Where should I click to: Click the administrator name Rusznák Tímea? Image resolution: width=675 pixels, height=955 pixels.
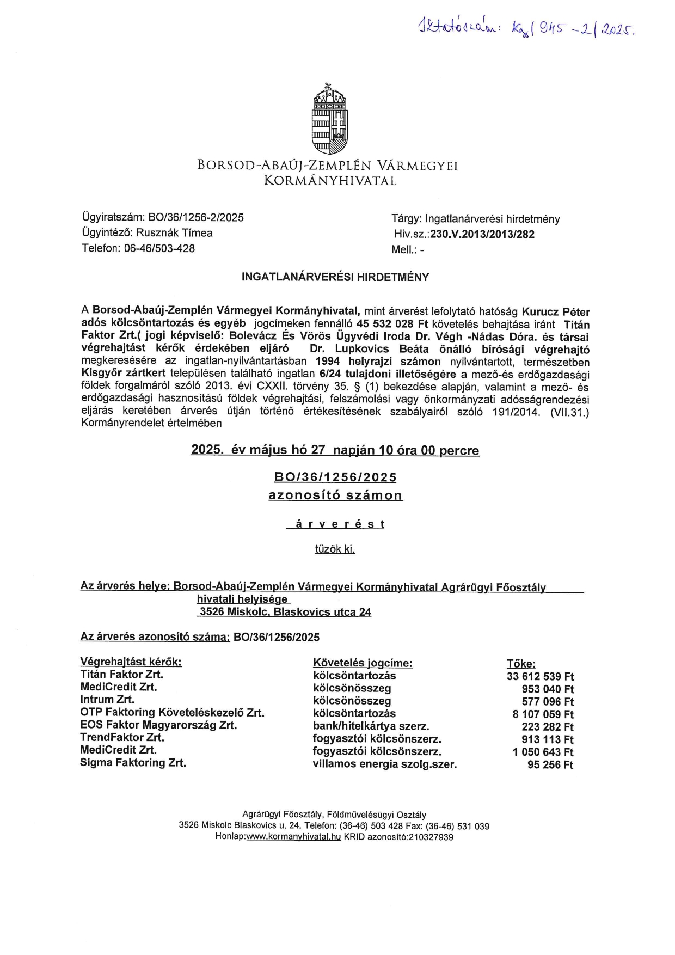[x=174, y=233]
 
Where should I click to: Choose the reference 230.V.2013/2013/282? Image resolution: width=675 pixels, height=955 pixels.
[x=482, y=235]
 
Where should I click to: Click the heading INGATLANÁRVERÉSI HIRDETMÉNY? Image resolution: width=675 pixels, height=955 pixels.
[x=335, y=277]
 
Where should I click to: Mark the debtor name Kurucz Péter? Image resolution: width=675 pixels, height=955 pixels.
[x=556, y=312]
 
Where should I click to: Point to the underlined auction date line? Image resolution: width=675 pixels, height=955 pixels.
[x=335, y=450]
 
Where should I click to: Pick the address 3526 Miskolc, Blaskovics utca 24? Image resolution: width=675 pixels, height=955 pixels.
[x=285, y=612]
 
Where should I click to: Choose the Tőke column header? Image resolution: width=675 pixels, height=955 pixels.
[x=521, y=664]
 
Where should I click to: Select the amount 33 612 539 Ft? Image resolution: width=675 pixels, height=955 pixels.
[x=540, y=677]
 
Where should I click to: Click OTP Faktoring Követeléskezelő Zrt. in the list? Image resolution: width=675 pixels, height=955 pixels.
[x=172, y=712]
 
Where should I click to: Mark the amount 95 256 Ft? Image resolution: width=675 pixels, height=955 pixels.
[x=550, y=765]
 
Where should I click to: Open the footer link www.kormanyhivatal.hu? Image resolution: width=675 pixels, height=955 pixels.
[x=293, y=837]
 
